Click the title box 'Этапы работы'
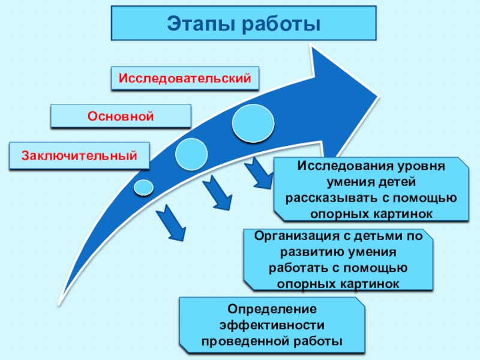coord(244,24)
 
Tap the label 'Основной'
coord(121,116)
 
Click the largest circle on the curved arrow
coord(252,123)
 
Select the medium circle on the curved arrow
coord(192,154)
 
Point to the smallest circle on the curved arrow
coord(143,187)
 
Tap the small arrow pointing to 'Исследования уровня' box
coord(260,174)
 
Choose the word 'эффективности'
coord(272,325)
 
